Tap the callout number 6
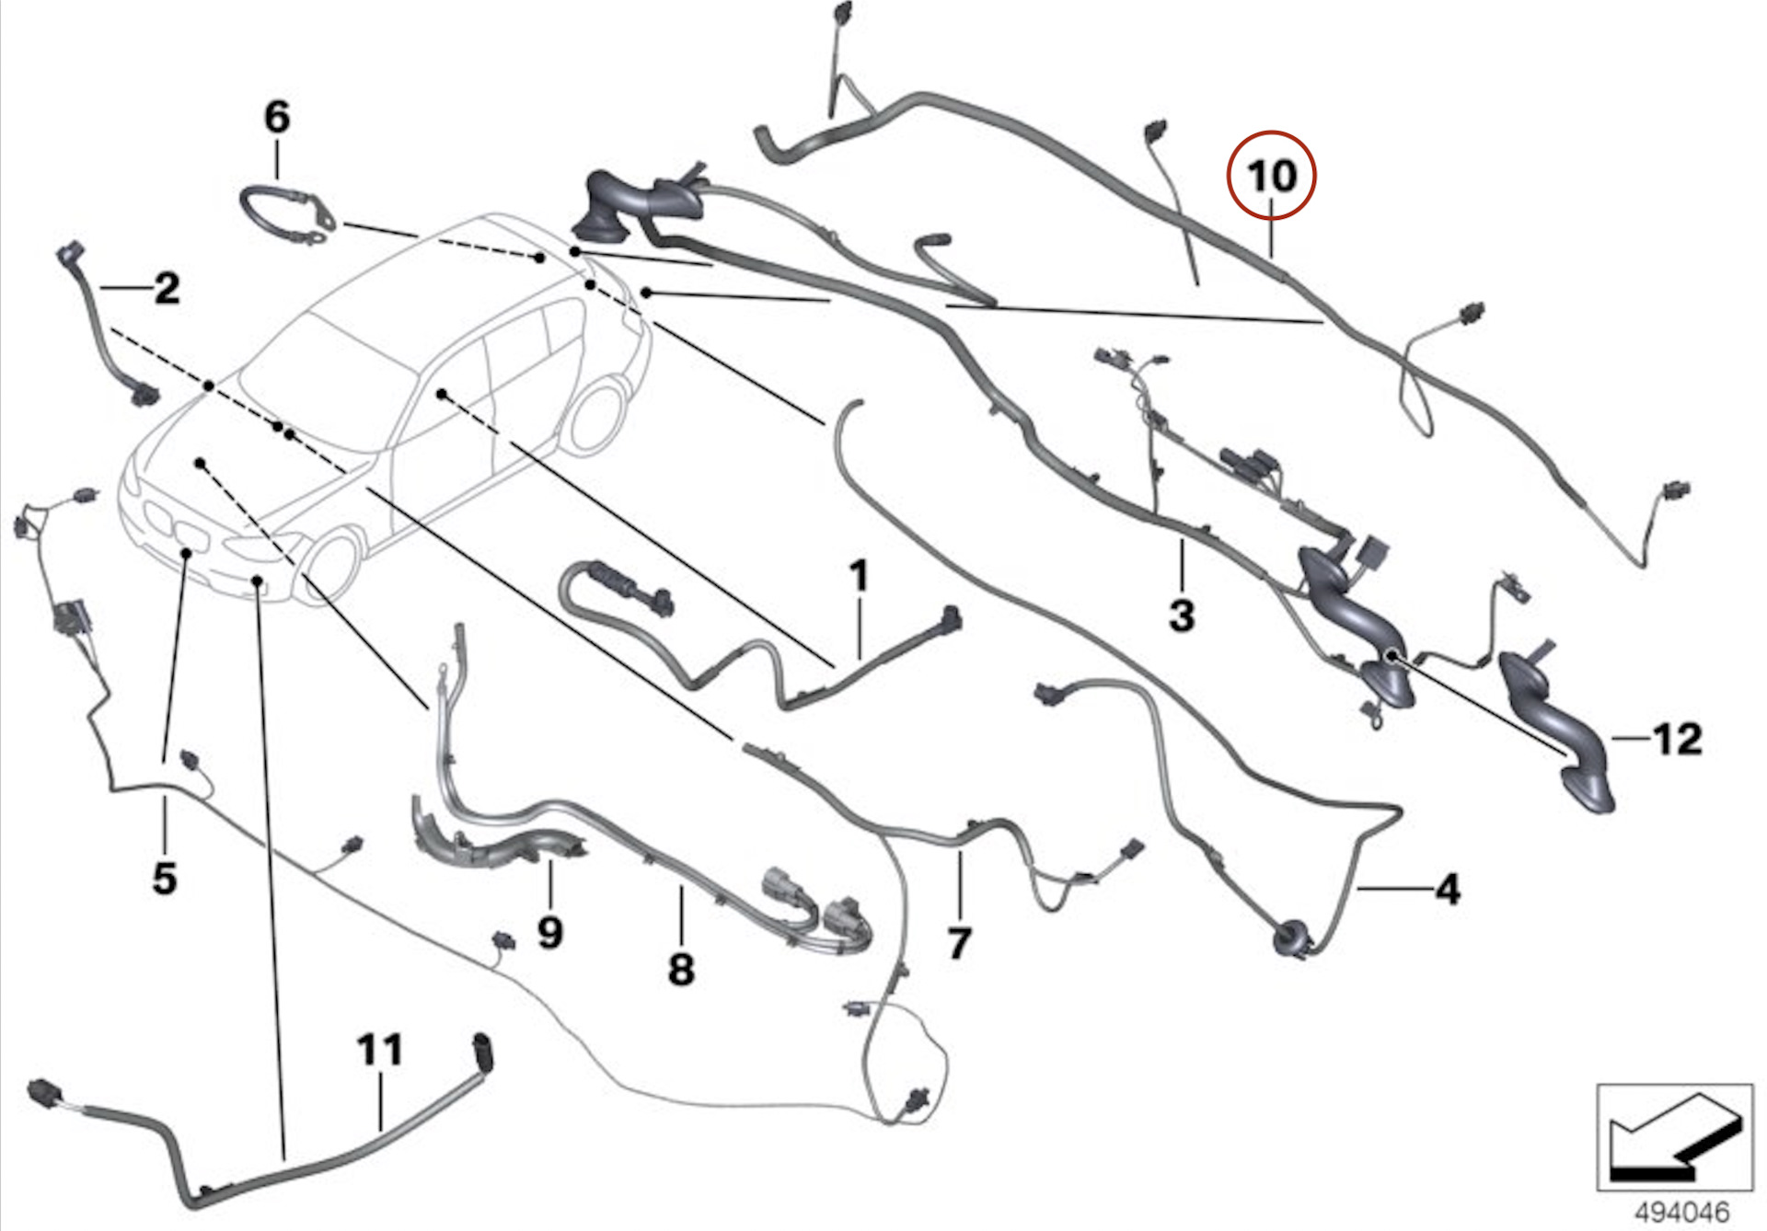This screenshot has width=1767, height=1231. pos(277,118)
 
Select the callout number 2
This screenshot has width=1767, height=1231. pos(167,289)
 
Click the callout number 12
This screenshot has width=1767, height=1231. pos(1678,739)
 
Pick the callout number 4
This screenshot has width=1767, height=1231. pos(1448,890)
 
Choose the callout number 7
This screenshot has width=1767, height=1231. pos(959,943)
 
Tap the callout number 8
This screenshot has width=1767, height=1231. pos(681,969)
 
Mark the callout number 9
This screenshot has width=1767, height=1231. pos(549,933)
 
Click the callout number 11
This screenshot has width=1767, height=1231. pos(380,1050)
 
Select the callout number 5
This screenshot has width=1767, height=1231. pos(165,878)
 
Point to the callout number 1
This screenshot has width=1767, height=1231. pos(859,577)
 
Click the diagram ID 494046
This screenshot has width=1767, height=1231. pos(1681,1212)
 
